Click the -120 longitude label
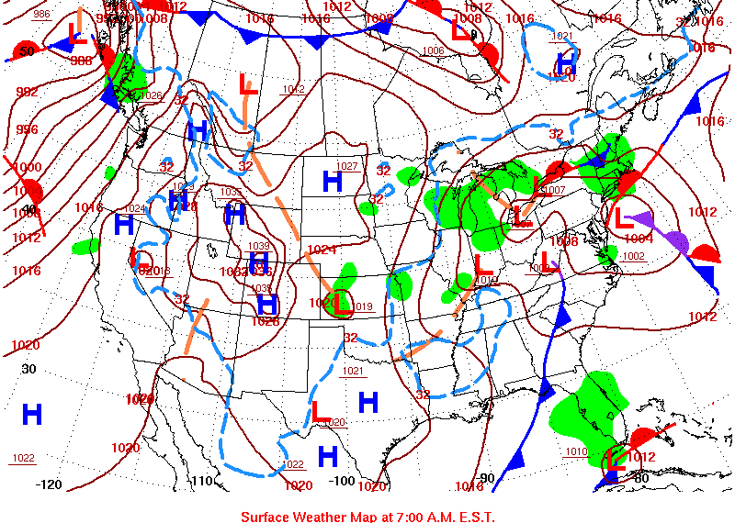coord(49,484)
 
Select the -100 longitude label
coord(341,480)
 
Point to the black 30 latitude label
coord(28,369)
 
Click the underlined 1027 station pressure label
coord(347,166)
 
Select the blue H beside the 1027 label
coord(332,182)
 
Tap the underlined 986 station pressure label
coord(41,15)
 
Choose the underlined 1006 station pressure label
coord(434,51)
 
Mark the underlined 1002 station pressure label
coord(633,256)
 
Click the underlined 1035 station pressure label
coord(232,192)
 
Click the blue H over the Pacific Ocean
coord(32,415)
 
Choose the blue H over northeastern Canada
coord(567,62)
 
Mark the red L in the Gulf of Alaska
coord(77,39)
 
